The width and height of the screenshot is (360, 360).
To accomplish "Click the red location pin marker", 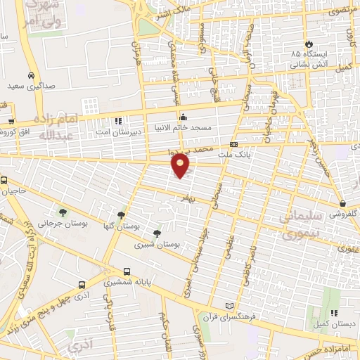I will [x=181, y=165].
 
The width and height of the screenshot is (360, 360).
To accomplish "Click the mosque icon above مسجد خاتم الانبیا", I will [x=183, y=117].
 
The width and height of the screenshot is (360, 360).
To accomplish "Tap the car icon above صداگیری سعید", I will [x=32, y=75].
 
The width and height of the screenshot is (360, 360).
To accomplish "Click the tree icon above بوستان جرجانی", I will [x=63, y=212].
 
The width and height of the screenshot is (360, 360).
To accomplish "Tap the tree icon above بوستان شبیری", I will [x=156, y=233].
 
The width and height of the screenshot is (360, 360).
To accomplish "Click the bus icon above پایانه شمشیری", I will [x=127, y=271].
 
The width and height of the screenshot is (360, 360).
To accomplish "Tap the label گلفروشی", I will [x=346, y=212].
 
